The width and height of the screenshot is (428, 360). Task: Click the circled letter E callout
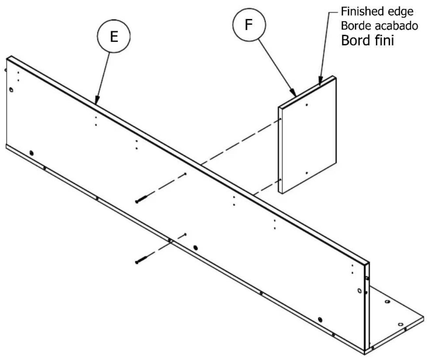click(x=114, y=36)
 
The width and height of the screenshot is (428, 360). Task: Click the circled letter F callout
click(x=249, y=25)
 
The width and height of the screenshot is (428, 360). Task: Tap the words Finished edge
click(x=377, y=12)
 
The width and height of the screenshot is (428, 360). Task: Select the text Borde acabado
click(x=379, y=26)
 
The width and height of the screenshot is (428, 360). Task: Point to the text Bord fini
click(x=367, y=40)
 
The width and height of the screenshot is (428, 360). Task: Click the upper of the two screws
click(x=141, y=199)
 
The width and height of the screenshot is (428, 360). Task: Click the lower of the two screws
click(x=141, y=260)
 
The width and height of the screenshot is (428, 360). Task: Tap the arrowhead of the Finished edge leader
click(x=320, y=81)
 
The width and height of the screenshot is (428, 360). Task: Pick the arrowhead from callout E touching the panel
click(x=97, y=100)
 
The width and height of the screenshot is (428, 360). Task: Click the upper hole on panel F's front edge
click(x=280, y=119)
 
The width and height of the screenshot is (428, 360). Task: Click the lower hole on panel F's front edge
click(x=280, y=180)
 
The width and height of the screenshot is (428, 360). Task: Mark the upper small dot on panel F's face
click(x=307, y=105)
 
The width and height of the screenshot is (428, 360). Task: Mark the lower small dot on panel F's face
click(x=307, y=173)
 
